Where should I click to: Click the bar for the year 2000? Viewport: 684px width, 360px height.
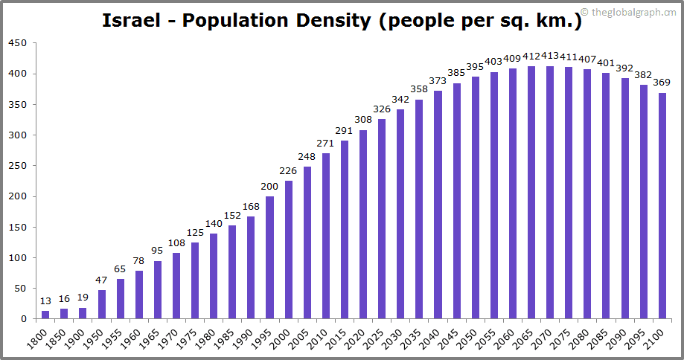pyautogui.click(x=288, y=250)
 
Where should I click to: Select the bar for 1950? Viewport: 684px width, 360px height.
pyautogui.click(x=101, y=304)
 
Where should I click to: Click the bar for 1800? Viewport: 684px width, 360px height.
pyautogui.click(x=45, y=315)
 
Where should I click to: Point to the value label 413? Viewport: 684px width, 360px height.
pyautogui.click(x=550, y=56)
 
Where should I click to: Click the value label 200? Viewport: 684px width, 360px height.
pyautogui.click(x=269, y=186)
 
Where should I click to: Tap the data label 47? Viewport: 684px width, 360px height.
pyautogui.click(x=101, y=280)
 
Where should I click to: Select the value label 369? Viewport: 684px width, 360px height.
pyautogui.click(x=662, y=83)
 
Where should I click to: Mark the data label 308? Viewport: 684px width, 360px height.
pyautogui.click(x=363, y=120)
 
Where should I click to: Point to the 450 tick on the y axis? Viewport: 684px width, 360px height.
pyautogui.click(x=18, y=43)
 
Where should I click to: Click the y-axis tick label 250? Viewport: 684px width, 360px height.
pyautogui.click(x=18, y=166)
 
